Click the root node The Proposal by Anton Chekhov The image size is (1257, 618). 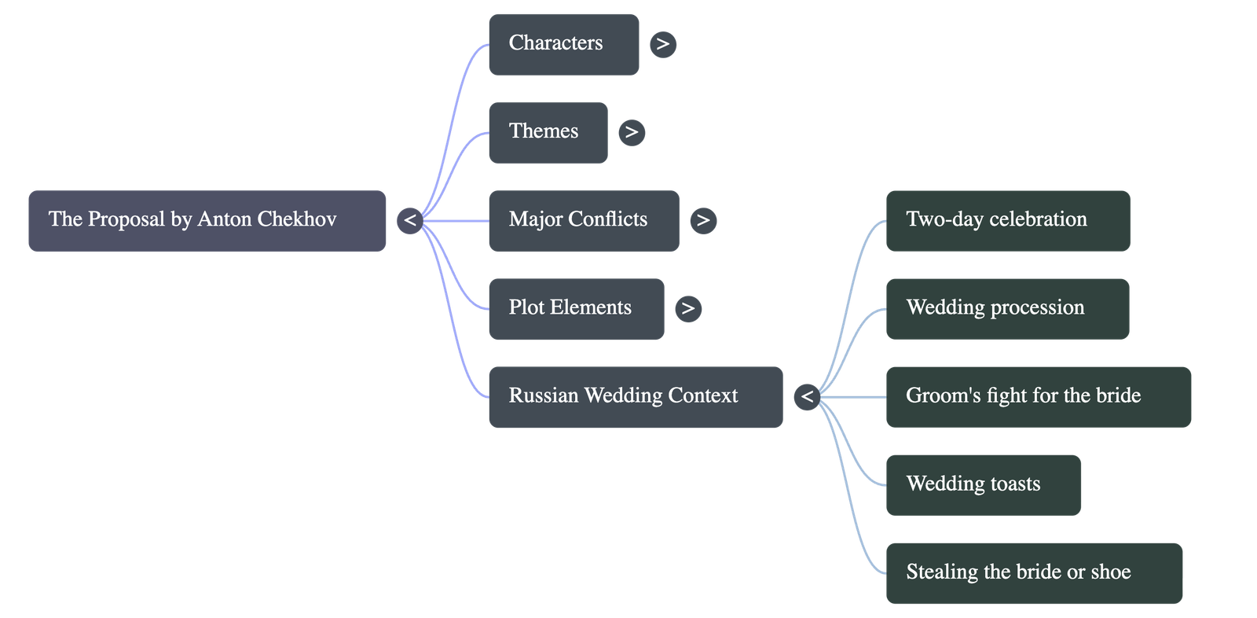(x=207, y=220)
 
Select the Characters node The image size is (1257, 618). (x=563, y=44)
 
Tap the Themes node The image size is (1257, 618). (x=548, y=132)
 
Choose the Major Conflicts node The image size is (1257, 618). (x=583, y=220)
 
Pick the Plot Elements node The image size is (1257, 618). (x=576, y=308)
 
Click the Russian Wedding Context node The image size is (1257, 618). (x=635, y=396)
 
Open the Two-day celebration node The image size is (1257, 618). (x=1007, y=220)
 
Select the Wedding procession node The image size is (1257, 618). (x=1006, y=308)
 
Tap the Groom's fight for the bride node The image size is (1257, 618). (x=1038, y=396)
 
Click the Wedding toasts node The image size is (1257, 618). (x=983, y=484)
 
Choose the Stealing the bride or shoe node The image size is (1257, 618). (x=1033, y=572)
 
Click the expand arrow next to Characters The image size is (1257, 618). (x=663, y=44)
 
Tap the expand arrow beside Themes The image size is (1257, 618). (x=632, y=132)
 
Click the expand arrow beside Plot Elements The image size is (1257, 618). (x=688, y=308)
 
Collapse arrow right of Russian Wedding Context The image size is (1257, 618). (x=807, y=396)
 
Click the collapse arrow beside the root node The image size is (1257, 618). (x=409, y=220)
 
